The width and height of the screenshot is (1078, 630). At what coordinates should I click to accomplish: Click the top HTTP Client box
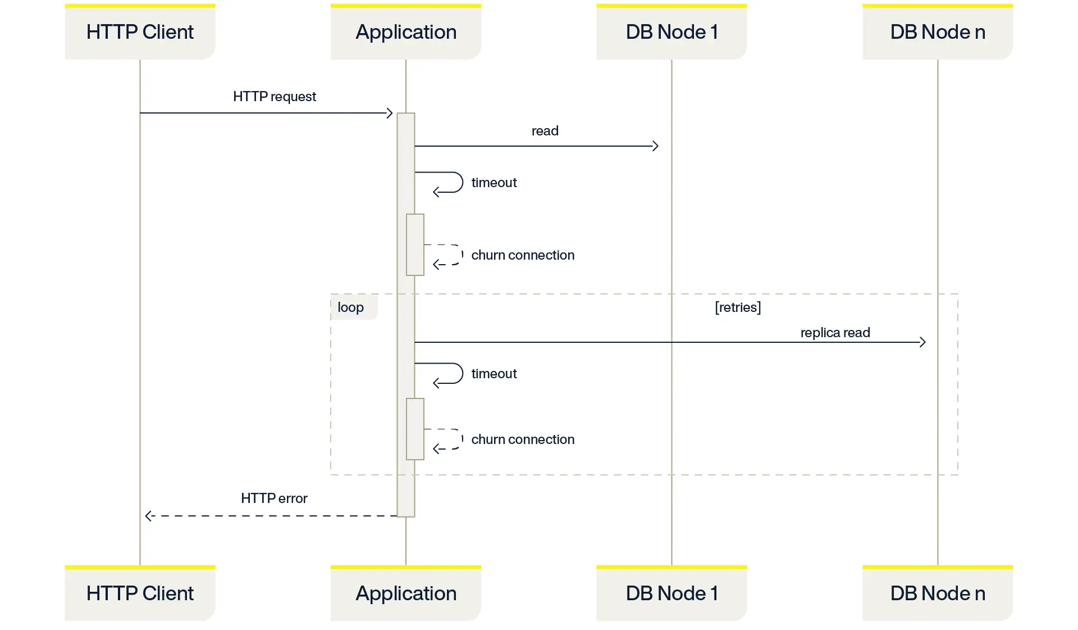[x=140, y=32]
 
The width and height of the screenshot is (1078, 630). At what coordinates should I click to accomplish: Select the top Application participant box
[x=405, y=32]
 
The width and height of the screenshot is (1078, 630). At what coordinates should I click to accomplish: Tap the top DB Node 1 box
[x=672, y=32]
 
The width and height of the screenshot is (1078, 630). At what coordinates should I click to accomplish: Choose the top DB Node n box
[x=938, y=32]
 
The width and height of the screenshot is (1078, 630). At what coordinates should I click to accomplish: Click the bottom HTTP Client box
[x=140, y=593]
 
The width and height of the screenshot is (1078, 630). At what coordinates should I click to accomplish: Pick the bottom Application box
[x=405, y=593]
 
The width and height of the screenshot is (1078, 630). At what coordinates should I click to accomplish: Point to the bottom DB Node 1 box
[x=672, y=593]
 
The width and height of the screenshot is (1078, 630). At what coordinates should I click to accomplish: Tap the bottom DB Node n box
[x=938, y=593]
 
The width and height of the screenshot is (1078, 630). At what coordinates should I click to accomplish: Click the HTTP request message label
[x=274, y=97]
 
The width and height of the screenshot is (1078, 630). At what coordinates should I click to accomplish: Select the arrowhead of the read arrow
[x=655, y=146]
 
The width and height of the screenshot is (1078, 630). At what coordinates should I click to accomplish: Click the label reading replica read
[x=835, y=333]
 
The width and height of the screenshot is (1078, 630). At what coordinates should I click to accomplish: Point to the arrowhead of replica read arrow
[x=922, y=342]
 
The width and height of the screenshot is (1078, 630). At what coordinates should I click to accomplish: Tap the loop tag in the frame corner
[x=351, y=307]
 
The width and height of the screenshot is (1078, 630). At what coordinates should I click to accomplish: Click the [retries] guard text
[x=738, y=307]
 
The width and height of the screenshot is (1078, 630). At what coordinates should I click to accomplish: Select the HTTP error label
[x=274, y=498]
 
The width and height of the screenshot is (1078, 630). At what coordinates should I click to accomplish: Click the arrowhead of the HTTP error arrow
[x=148, y=516]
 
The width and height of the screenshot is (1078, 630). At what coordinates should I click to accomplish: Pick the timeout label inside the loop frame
[x=494, y=374]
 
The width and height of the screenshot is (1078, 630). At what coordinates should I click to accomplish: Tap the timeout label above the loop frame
[x=494, y=183]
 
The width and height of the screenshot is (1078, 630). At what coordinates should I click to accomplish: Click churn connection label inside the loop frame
[x=522, y=439]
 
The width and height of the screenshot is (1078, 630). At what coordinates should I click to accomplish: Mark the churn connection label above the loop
[x=522, y=255]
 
